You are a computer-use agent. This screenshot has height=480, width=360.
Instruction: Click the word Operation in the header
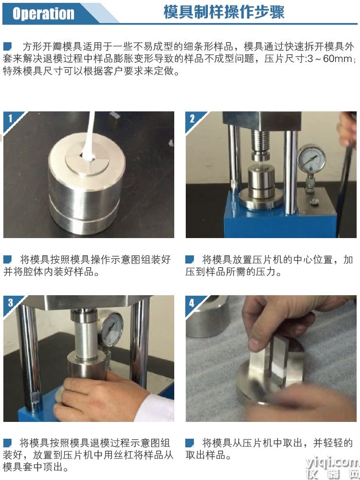[x=44, y=13]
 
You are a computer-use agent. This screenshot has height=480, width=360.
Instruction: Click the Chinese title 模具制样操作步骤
[x=224, y=12]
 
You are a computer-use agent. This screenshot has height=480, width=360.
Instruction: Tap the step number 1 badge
[x=11, y=118]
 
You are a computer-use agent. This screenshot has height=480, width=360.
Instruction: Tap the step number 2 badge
[x=192, y=119]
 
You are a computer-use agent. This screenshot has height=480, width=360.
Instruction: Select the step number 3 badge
[x=11, y=302]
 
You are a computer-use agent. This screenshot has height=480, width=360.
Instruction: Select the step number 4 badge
[x=192, y=303]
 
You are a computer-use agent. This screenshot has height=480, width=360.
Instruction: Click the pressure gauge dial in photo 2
[x=312, y=159]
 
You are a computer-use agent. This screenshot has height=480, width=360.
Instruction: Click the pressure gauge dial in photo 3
[x=111, y=327]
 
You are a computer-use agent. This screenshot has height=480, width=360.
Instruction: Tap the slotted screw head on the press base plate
[x=314, y=202]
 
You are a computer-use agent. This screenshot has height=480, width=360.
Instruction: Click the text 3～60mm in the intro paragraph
[x=329, y=58]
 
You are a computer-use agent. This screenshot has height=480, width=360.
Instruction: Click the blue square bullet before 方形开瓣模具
[x=7, y=47]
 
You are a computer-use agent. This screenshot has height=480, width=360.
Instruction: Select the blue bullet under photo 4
[x=190, y=443]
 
